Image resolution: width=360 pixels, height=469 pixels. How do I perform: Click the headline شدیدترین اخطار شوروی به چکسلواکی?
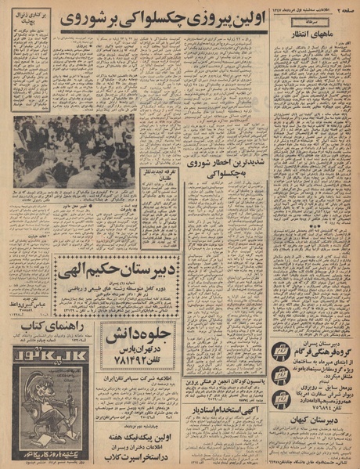[225, 169]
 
